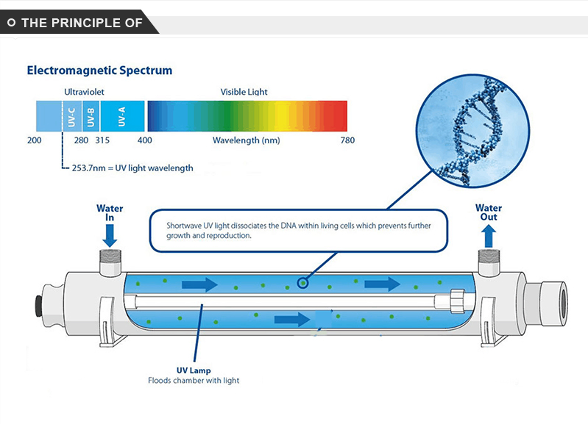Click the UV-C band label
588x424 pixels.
point(71,117)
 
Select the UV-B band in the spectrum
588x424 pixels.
point(91,116)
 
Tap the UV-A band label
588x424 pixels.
point(121,117)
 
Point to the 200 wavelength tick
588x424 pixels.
point(34,140)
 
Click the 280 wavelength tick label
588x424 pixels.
point(81,140)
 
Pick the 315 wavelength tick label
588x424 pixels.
point(102,140)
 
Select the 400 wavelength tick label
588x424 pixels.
point(145,140)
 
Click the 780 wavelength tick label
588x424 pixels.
point(347,140)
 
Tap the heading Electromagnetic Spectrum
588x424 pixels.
point(99,71)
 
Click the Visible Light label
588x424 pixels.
point(244,92)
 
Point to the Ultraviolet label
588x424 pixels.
point(84,92)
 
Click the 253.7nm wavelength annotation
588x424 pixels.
point(132,168)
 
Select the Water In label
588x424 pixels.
point(110,213)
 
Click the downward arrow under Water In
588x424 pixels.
point(110,235)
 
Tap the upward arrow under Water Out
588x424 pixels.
point(489,236)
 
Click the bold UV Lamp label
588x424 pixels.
point(194,370)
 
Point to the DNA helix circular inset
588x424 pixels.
point(473,131)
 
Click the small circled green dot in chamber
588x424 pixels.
point(302,283)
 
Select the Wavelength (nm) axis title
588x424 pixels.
point(247,140)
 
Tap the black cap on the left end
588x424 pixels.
point(38,306)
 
